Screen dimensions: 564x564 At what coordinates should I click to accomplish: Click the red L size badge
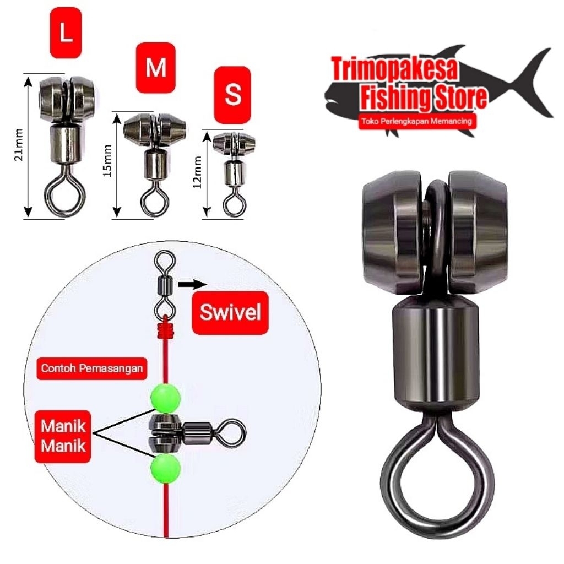pos(66,35)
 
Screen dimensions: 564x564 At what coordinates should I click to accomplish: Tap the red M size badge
pos(155,68)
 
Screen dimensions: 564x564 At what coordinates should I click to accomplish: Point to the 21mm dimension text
pos(18,146)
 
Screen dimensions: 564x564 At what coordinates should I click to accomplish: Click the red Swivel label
pos(230,313)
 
